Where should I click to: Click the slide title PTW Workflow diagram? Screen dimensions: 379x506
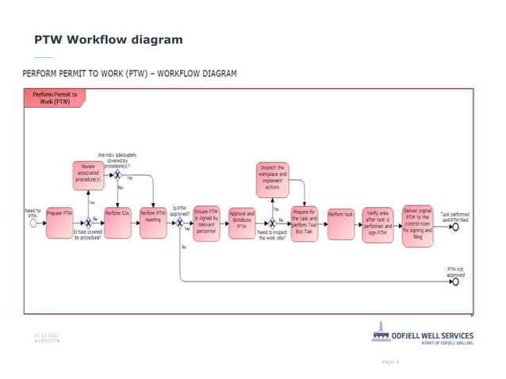tap(108, 40)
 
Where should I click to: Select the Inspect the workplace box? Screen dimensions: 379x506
tap(274, 177)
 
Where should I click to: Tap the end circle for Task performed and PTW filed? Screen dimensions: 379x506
tap(455, 226)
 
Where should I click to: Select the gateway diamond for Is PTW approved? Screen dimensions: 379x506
tap(180, 224)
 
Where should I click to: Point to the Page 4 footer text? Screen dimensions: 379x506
tap(390, 362)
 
